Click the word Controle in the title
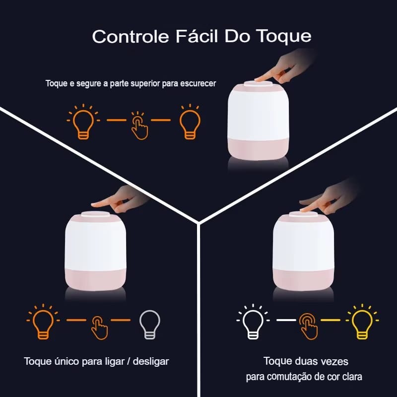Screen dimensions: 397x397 click(x=131, y=36)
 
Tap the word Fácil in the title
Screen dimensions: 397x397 click(x=197, y=36)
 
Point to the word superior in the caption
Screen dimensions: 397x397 click(x=144, y=84)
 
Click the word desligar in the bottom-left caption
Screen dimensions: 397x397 click(x=151, y=362)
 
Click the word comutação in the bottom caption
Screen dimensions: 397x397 click(x=287, y=377)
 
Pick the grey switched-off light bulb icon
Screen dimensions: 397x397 click(x=150, y=325)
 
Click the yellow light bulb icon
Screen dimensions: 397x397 click(x=362, y=321)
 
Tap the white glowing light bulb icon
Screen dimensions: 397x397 click(x=253, y=321)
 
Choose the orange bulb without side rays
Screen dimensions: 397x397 click(x=190, y=122)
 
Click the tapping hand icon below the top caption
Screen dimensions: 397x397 click(x=139, y=126)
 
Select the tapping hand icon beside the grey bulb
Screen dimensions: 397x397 click(x=99, y=328)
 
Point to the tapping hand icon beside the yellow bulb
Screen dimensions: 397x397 click(x=308, y=327)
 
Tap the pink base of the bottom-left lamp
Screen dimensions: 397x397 click(x=95, y=280)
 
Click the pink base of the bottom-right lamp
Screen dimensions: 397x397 click(x=303, y=280)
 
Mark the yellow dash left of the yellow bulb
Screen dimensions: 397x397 click(x=331, y=320)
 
